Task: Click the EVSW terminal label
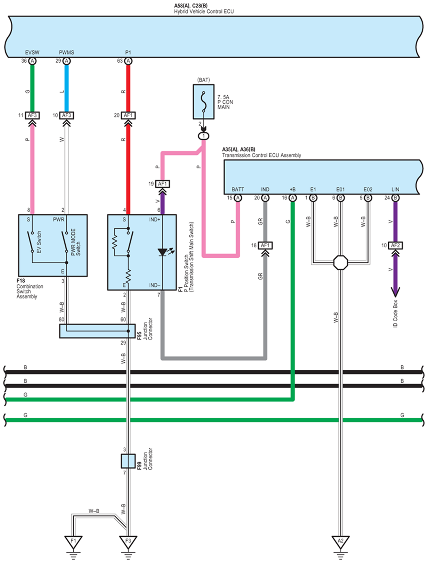32,52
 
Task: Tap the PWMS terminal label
66,52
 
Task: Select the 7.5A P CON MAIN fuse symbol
204,102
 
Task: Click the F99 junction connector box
128,461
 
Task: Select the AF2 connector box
395,245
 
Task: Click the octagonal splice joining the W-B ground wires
341,262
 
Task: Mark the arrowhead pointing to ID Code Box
395,291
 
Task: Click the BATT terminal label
238,190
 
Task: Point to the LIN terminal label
395,190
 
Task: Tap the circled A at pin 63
128,61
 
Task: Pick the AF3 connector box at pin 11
32,115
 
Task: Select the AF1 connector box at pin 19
162,184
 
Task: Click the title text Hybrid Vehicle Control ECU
204,11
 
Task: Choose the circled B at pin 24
395,198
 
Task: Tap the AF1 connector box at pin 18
265,245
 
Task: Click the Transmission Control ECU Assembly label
262,155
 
